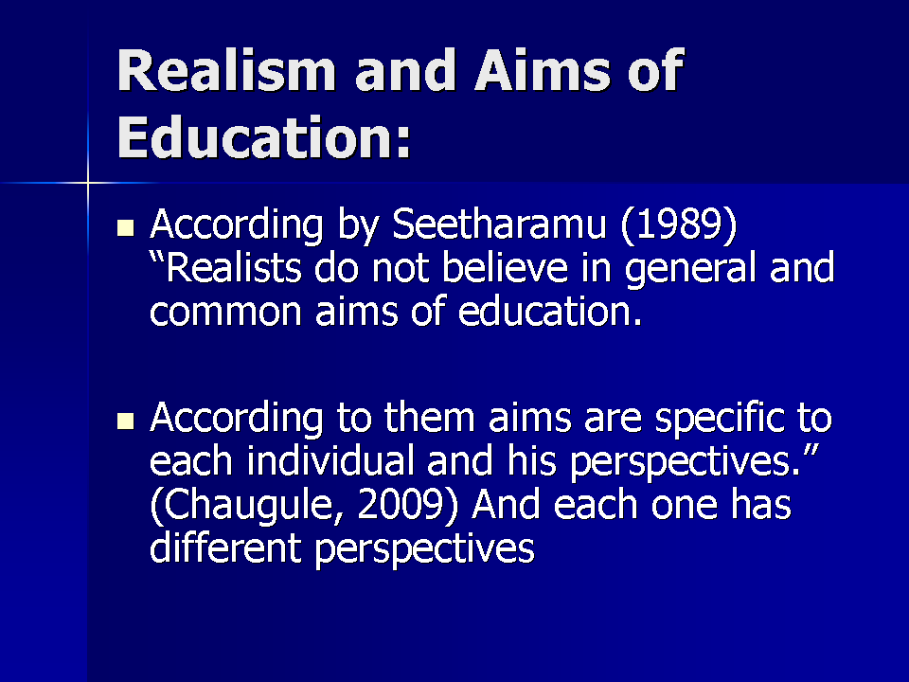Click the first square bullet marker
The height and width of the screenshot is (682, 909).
point(125,228)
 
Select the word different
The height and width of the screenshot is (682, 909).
point(226,547)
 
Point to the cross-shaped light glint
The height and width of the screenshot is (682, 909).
point(88,180)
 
